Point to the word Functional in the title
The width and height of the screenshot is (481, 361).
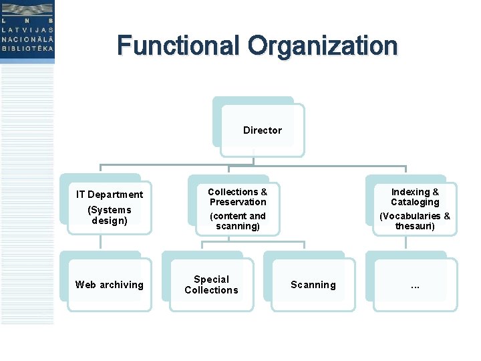178,45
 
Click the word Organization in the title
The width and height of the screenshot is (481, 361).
323,47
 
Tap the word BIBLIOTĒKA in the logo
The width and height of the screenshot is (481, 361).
27,49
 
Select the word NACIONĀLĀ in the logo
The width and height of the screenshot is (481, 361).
27,39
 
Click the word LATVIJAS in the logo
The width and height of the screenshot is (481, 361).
27,30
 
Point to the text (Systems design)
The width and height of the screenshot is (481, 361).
110,215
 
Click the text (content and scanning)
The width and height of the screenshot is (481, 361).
238,221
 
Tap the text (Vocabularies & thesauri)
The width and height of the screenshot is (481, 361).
415,221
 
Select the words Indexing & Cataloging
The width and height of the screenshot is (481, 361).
415,197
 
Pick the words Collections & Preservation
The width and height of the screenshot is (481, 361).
238,197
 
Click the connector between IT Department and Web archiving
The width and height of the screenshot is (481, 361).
100,242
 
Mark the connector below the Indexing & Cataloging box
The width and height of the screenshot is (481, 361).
406,243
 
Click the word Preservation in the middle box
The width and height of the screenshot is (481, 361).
238,202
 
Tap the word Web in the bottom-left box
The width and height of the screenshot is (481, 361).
86,285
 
